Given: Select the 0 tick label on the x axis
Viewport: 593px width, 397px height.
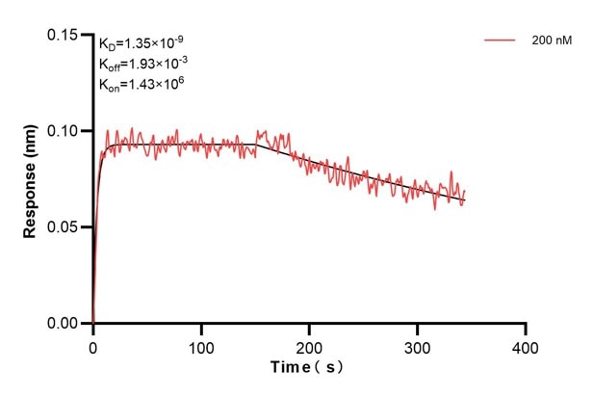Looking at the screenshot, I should tap(92, 344).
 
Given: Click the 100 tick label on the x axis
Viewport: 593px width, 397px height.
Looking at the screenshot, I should tap(201, 344).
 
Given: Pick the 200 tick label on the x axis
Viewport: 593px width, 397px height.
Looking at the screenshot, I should tap(309, 344).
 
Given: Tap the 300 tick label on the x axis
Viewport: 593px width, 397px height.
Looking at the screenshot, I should tap(417, 344).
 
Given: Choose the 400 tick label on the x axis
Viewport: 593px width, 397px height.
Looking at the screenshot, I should tap(525, 344).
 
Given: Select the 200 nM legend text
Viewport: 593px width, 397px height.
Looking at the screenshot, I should tap(549, 41).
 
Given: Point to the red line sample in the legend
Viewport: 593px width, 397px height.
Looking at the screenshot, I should tap(501, 41).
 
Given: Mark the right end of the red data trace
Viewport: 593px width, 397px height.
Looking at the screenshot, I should tap(465, 192).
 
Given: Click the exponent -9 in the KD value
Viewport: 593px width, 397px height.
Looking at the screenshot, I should tap(177, 39).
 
